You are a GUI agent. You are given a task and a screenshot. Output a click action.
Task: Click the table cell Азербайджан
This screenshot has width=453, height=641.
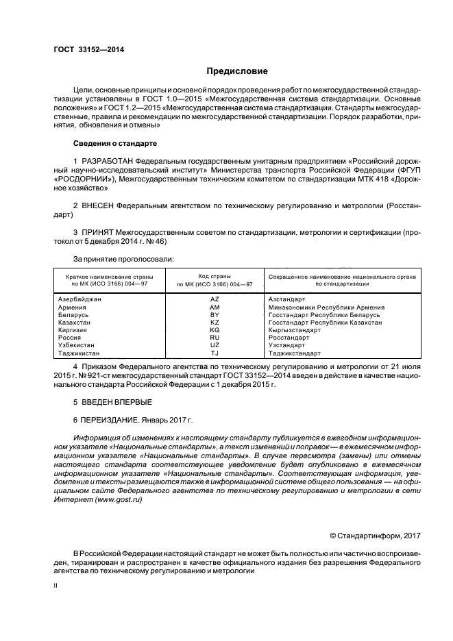coord(79,300)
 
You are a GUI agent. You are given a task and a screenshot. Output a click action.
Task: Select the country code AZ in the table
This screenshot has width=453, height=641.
coord(214,300)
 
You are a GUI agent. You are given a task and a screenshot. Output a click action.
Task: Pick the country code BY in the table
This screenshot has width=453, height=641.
coord(214,315)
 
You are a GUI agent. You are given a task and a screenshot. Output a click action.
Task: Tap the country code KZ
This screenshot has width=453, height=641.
coord(214,323)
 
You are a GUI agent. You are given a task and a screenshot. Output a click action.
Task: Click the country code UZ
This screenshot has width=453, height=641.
coord(214,346)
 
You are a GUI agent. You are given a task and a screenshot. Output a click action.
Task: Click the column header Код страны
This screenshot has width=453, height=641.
coord(214,275)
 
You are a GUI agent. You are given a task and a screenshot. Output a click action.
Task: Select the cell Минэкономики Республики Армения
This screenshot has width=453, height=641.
coord(326,307)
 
